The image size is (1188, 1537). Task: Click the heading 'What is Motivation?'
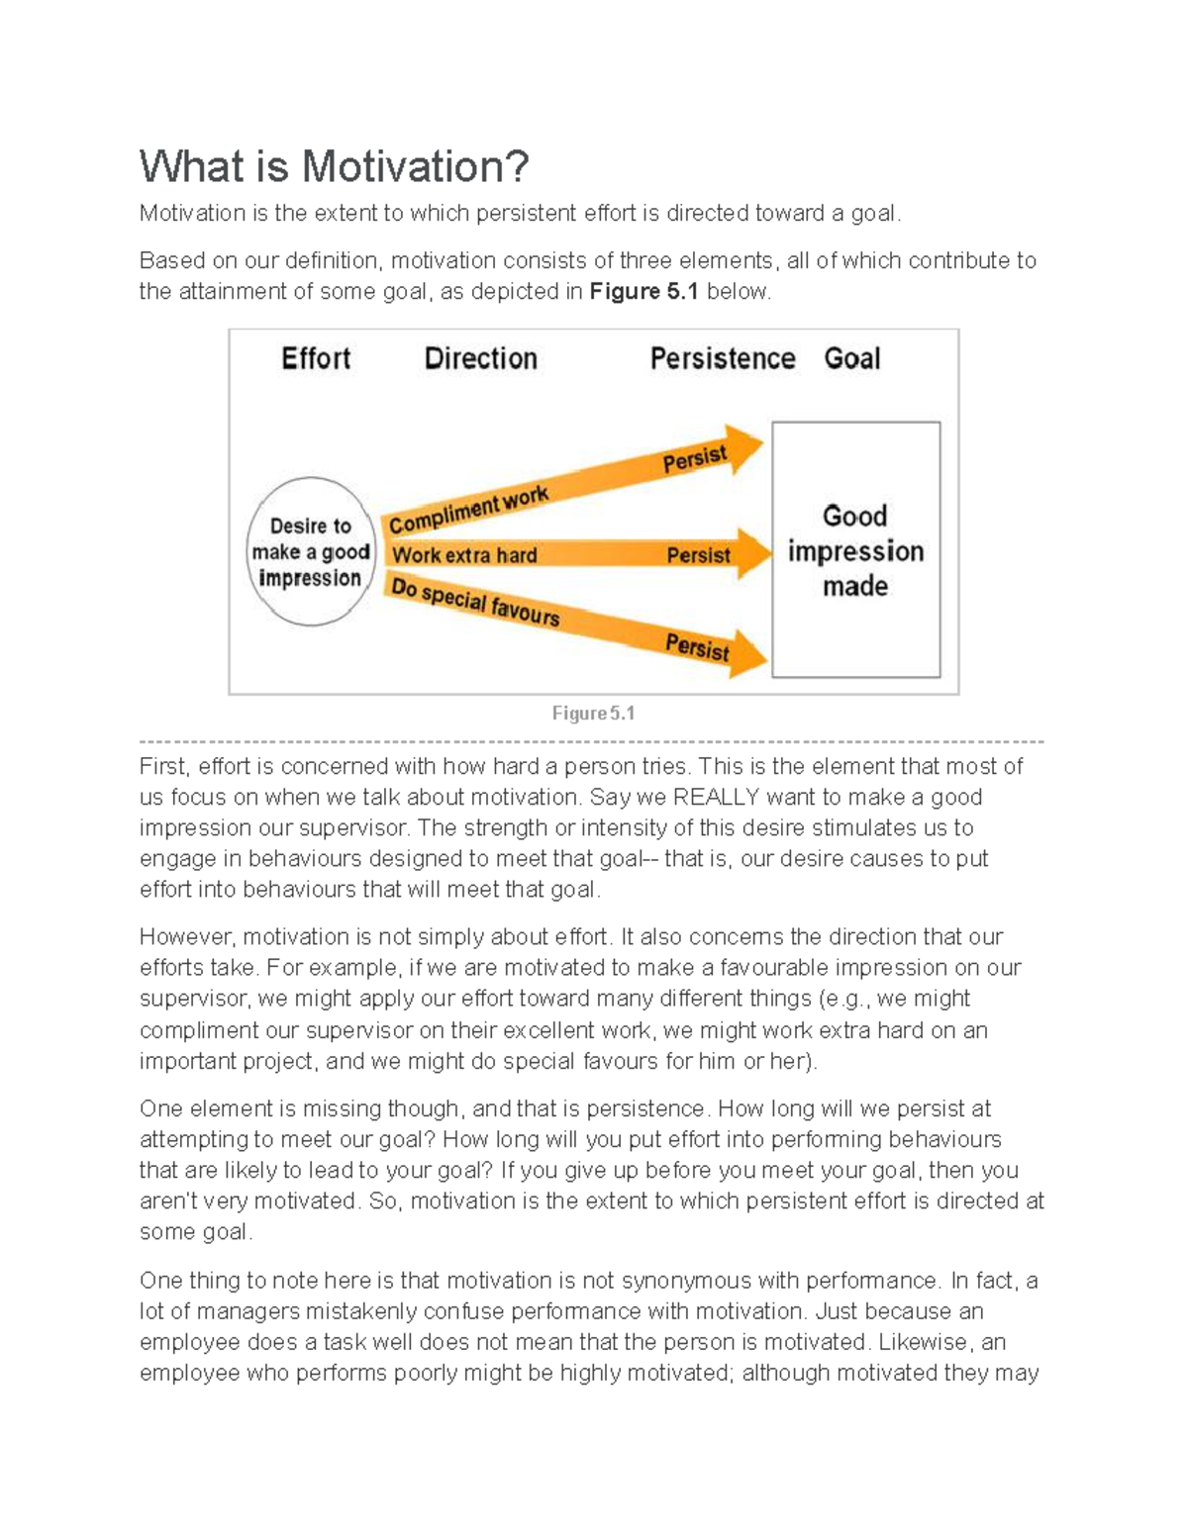[x=334, y=166]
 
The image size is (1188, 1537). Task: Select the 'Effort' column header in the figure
[x=316, y=358]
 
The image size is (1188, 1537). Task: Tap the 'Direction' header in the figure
[x=480, y=358]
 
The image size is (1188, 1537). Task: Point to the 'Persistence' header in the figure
[x=722, y=358]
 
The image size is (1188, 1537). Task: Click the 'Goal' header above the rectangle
[x=851, y=358]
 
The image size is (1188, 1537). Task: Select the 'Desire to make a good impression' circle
[x=310, y=552]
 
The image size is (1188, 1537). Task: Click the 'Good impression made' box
[x=855, y=550]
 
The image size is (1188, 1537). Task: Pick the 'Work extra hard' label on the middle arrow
[x=463, y=555]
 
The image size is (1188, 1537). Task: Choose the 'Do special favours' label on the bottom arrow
[x=474, y=602]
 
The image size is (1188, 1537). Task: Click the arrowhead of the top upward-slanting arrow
[x=743, y=448]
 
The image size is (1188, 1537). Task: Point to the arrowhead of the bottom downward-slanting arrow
[x=748, y=654]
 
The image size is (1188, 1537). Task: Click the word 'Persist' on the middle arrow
[x=698, y=555]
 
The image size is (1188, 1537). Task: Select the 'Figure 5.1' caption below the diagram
[x=593, y=714]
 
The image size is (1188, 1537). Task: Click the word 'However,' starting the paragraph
[x=187, y=937]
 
